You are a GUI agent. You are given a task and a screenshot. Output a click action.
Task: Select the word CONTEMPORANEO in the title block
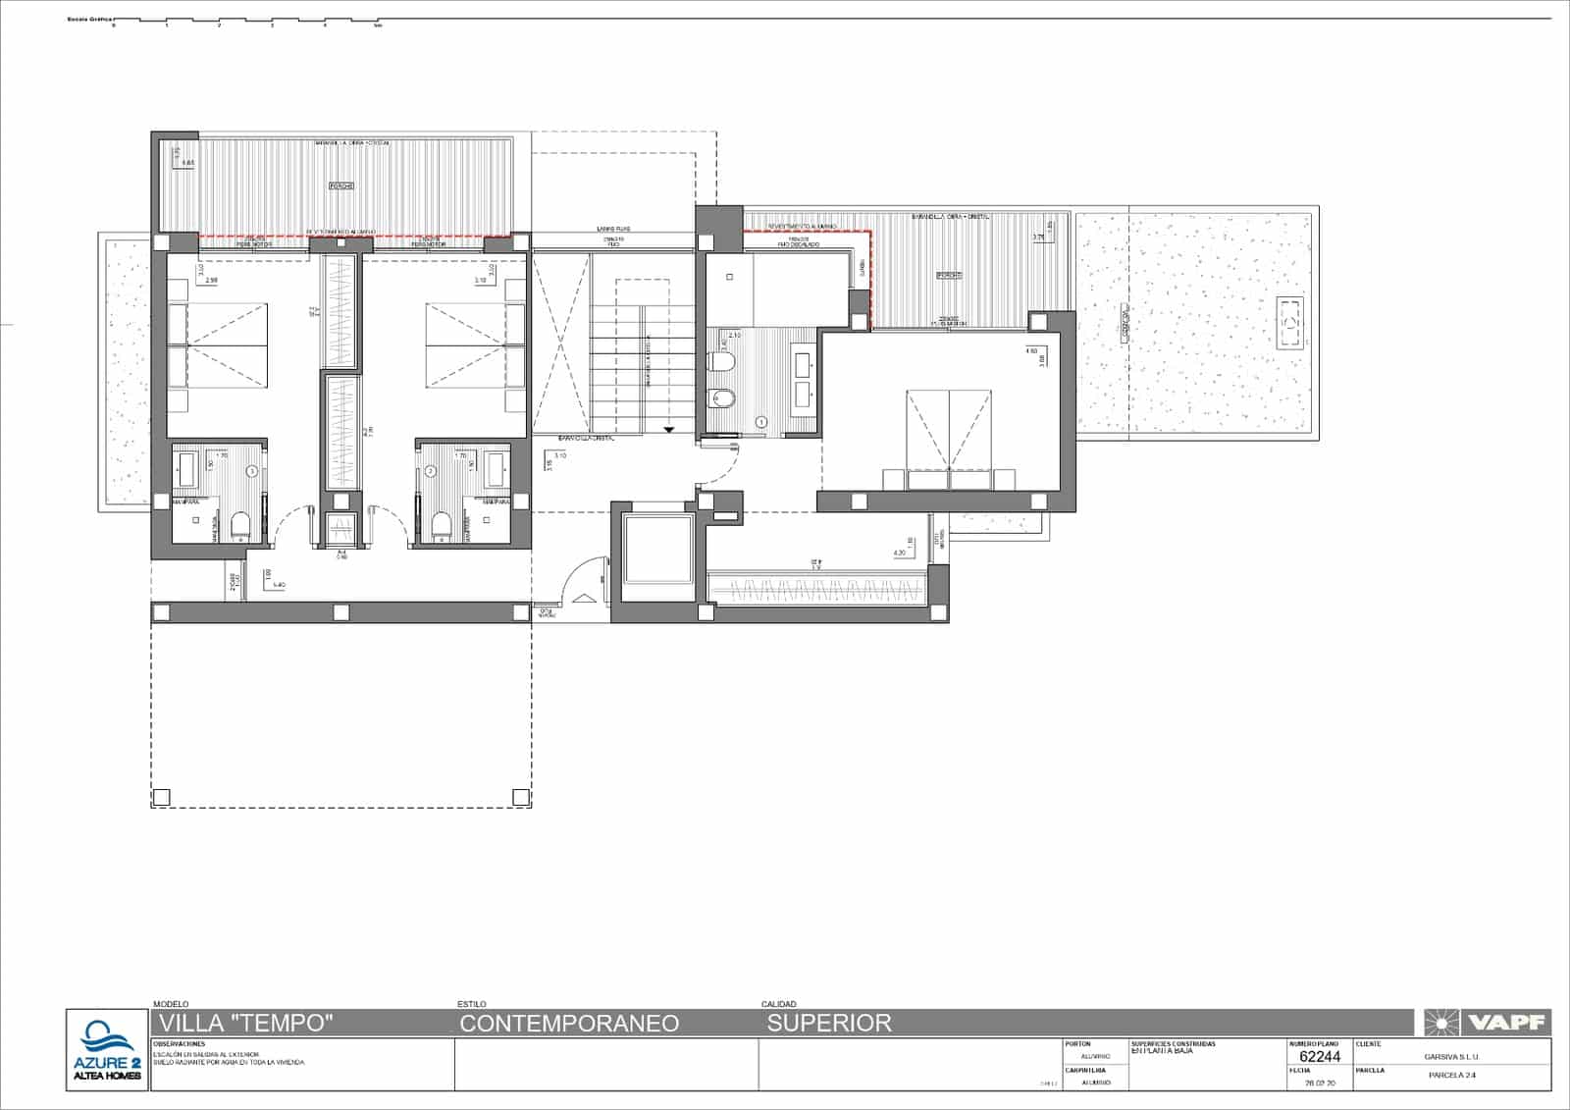tap(569, 1023)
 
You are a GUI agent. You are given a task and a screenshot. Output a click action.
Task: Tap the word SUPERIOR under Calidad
tap(829, 1023)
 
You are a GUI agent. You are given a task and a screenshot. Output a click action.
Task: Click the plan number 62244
tap(1319, 1057)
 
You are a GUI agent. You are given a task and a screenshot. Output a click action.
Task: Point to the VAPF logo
tap(1486, 1023)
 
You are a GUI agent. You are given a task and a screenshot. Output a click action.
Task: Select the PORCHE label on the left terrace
tap(340, 185)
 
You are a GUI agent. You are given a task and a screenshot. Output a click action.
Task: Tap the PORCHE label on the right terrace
tap(948, 276)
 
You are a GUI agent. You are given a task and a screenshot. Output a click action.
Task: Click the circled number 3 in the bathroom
tap(252, 472)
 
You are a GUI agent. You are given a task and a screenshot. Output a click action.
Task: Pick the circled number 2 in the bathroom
tap(430, 472)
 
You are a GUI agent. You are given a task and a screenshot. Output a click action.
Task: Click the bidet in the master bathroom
tap(722, 397)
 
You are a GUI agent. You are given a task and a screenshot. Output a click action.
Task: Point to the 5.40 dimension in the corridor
tap(278, 585)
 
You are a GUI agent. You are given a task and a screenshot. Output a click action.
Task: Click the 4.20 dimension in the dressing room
tap(899, 553)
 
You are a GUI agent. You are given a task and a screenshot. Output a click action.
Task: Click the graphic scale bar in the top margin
tap(245, 20)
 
